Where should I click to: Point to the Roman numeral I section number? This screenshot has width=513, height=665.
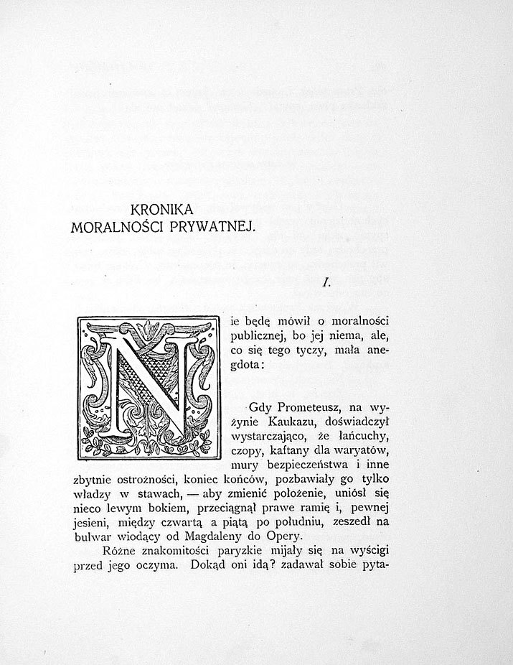click(x=326, y=283)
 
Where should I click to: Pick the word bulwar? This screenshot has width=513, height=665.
click(x=92, y=536)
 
